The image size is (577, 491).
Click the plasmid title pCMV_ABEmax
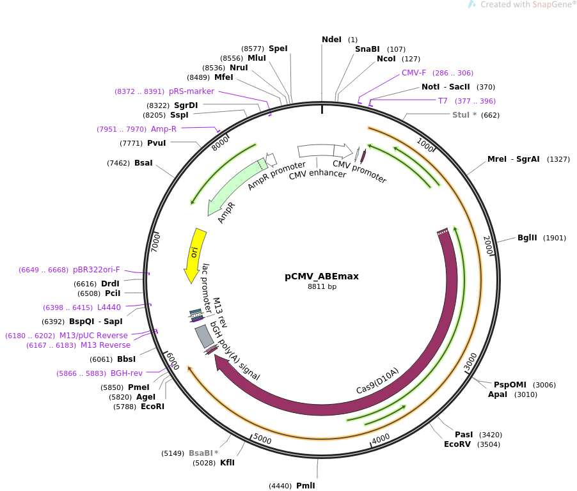click(322, 277)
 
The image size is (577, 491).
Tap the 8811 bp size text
click(322, 286)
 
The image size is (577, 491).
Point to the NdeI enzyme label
click(331, 40)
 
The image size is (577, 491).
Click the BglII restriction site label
click(527, 238)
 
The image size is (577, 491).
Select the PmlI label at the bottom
click(305, 486)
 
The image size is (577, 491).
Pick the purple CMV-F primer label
click(414, 73)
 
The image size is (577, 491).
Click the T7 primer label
click(443, 101)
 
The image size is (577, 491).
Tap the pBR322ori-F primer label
click(97, 270)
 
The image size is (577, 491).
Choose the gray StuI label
click(461, 114)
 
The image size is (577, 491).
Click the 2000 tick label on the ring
click(488, 245)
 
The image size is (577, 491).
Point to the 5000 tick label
click(262, 439)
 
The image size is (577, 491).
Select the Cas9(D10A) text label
click(377, 380)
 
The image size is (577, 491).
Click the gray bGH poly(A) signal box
click(204, 336)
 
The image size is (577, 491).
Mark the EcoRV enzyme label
click(457, 444)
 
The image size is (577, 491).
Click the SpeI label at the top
click(278, 49)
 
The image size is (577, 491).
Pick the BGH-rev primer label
click(127, 373)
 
